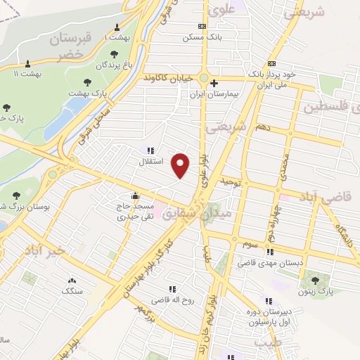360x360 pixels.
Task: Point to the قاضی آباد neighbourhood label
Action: coord(330,199)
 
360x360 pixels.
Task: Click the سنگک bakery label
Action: coord(72,290)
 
